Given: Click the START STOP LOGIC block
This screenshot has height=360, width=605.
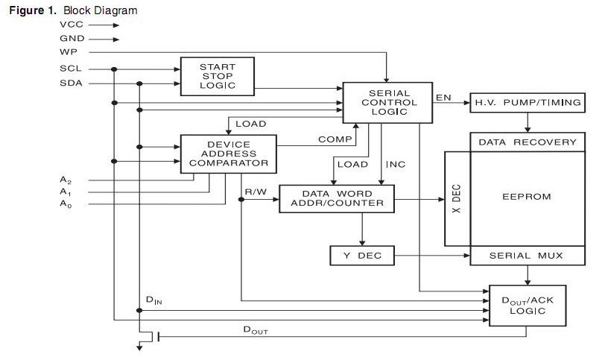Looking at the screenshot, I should [218, 76].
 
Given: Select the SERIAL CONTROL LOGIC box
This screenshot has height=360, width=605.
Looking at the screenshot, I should [387, 102].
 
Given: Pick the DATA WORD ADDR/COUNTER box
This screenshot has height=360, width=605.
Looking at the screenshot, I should [337, 198].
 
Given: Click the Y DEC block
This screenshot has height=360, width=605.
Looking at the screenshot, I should [361, 256].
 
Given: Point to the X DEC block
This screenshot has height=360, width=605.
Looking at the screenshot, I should [457, 198].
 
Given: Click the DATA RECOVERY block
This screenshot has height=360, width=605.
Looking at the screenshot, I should [527, 142].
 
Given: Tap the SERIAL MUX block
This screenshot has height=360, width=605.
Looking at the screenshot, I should [526, 256].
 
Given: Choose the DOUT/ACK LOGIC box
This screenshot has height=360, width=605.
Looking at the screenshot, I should [526, 305].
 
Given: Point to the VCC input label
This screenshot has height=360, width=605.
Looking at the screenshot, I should [72, 25].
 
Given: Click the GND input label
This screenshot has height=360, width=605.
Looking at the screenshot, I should [72, 38].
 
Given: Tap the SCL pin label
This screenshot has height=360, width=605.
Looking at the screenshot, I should [70, 69].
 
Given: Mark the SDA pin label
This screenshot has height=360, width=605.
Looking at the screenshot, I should [70, 83].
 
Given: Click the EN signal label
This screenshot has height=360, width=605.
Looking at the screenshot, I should [443, 98].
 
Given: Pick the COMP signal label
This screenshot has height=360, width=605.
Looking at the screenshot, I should [329, 139].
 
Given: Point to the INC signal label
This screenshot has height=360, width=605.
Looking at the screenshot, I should [396, 164].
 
